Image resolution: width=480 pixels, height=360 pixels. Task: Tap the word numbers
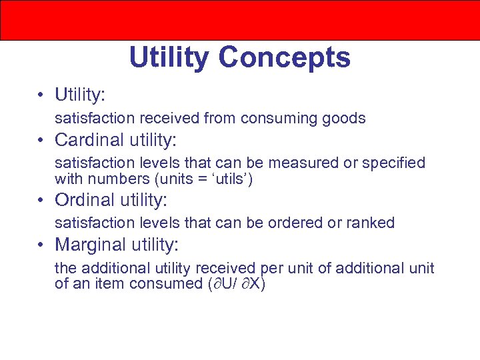[x=117, y=179]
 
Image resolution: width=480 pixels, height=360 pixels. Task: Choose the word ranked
[x=370, y=223]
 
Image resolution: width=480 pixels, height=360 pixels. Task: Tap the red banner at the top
[x=240, y=20]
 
